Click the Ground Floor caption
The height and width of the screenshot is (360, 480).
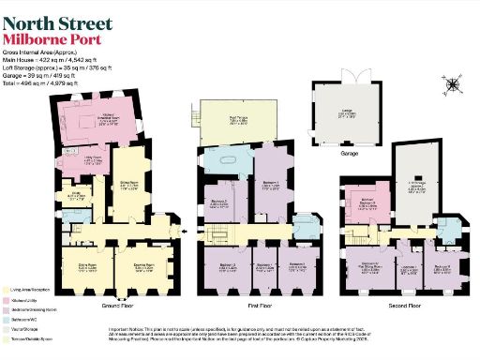pyautogui.click(x=119, y=306)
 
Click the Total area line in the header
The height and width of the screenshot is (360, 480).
pyautogui.click(x=48, y=84)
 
